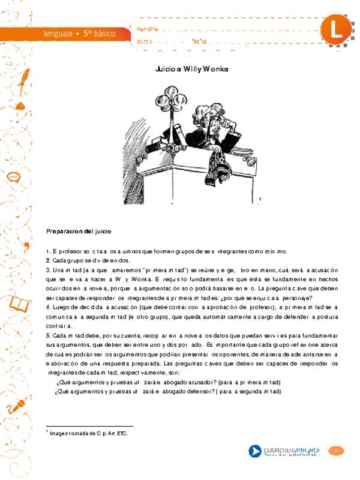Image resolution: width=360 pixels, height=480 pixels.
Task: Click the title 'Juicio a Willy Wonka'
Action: click(x=192, y=69)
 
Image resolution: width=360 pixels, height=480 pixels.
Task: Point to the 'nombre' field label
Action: click(x=148, y=29)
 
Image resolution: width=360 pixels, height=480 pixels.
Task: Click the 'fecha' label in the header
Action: click(x=199, y=41)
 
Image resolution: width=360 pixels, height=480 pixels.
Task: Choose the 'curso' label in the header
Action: click(x=145, y=41)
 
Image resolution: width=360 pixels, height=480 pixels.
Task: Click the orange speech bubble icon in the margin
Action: click(x=14, y=178)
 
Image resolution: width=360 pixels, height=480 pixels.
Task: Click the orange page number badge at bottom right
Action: click(x=338, y=451)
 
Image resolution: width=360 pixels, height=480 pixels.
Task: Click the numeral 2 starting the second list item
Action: click(x=47, y=261)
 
